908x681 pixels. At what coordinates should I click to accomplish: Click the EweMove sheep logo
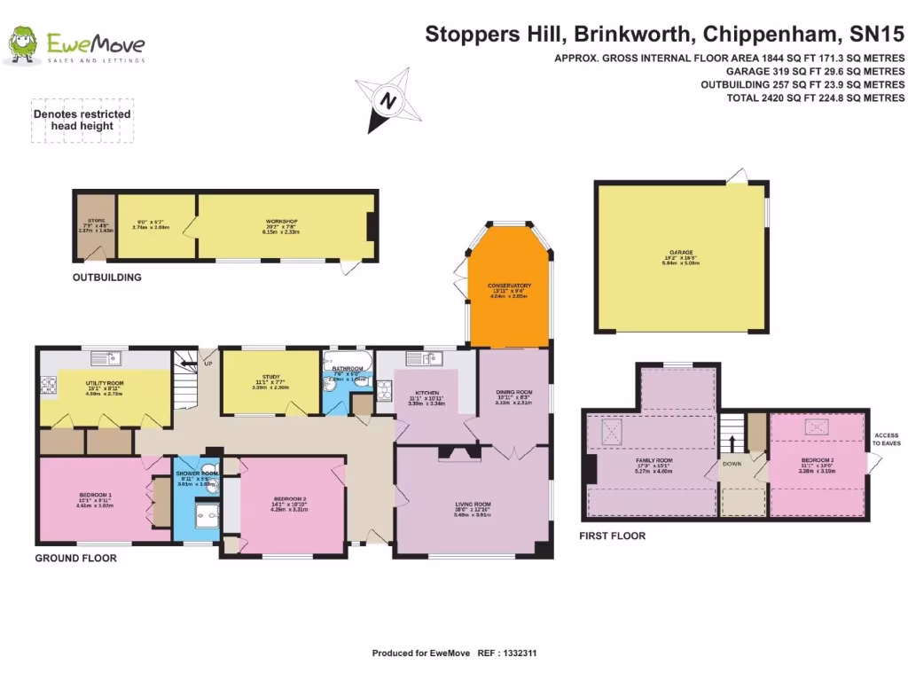22,46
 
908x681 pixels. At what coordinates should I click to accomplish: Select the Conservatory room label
509,286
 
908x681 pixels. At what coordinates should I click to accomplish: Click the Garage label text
681,252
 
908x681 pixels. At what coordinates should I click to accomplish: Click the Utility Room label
104,383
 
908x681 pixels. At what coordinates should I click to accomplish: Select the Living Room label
472,504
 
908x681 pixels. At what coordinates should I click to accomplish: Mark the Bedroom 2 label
290,499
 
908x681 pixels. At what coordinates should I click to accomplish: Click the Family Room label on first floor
654,461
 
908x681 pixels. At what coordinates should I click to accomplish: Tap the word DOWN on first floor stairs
732,463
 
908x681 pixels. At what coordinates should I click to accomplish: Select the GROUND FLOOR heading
75,559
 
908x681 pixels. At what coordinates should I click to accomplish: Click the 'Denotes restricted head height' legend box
82,120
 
